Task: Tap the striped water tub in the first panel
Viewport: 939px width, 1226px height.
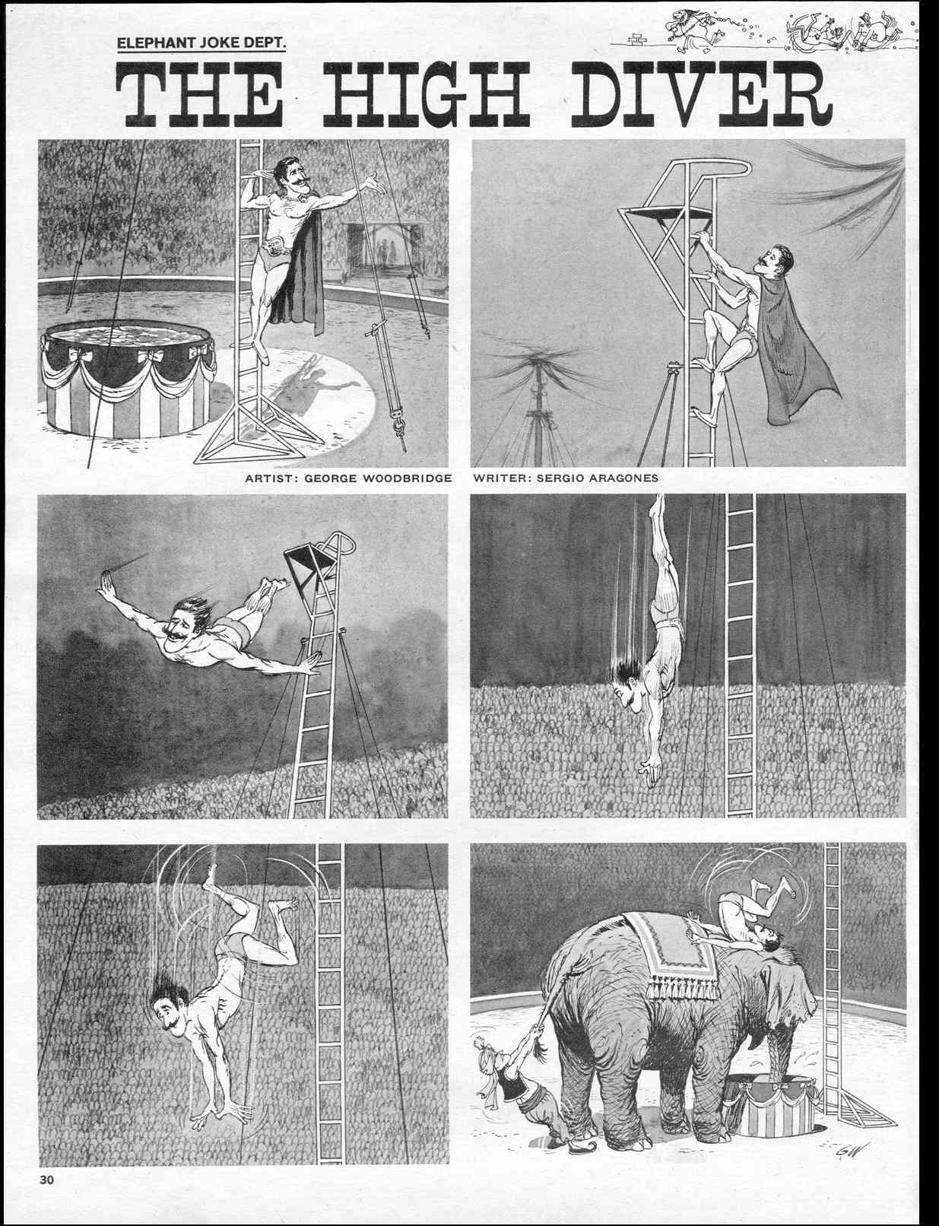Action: click(x=128, y=377)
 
